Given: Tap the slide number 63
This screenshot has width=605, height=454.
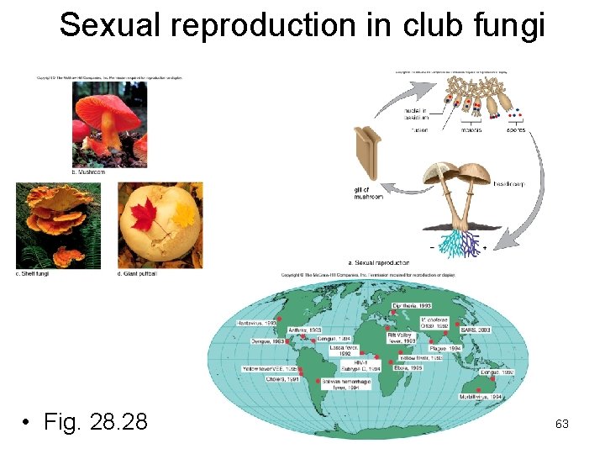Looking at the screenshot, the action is (x=562, y=424).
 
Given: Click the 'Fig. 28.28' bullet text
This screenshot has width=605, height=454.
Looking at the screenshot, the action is (x=92, y=420).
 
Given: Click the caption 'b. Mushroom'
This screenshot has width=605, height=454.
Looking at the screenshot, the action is (x=86, y=172).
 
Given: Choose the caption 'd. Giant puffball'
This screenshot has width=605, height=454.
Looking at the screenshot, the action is (x=138, y=274).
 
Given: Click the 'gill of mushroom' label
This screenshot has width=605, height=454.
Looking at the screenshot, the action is (x=368, y=193).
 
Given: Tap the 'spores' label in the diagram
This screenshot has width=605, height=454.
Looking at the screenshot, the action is (x=515, y=130).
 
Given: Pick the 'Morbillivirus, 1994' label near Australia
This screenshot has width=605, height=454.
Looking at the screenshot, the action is (x=480, y=396).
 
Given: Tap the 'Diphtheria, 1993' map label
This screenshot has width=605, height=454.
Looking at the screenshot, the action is (x=413, y=304).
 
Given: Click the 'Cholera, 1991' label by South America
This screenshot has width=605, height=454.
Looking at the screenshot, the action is (x=281, y=379).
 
